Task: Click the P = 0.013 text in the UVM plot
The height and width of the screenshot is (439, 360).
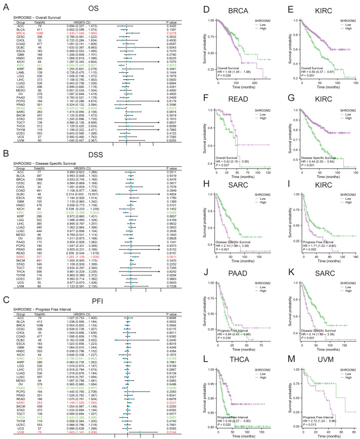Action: coord(306,417)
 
